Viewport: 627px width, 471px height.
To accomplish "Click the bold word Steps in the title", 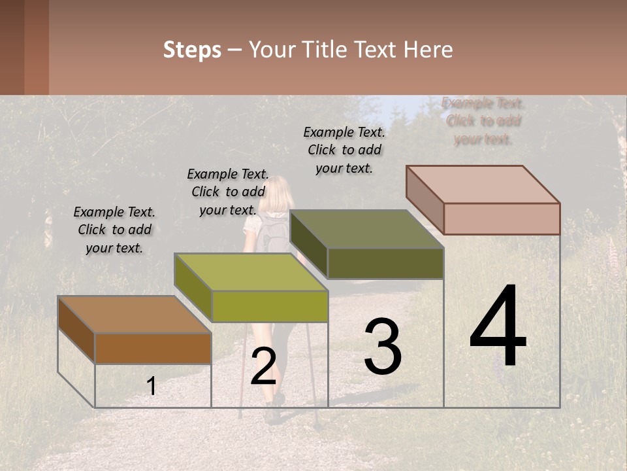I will click(192, 50).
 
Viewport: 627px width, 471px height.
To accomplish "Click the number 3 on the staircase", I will click(382, 347).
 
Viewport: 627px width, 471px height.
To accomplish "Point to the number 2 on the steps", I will click(263, 366).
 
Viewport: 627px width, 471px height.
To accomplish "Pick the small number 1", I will click(151, 387).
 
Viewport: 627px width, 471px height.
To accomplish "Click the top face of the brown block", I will click(134, 315).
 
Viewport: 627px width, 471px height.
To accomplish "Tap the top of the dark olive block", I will click(366, 230).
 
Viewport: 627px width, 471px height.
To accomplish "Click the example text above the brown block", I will click(114, 230).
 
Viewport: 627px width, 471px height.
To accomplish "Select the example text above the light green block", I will click(228, 192).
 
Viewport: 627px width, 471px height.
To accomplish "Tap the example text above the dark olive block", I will click(344, 150).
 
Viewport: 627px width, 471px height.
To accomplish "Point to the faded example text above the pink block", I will click(483, 121).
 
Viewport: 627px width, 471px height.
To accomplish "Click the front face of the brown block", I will click(153, 348).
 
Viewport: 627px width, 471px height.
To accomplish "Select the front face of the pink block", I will click(502, 218).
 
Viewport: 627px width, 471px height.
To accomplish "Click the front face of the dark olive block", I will click(385, 264).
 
